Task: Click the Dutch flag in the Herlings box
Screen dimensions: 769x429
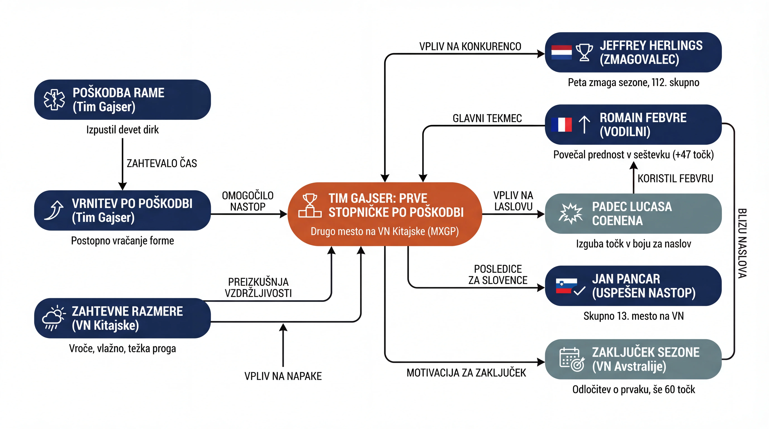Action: [x=561, y=53]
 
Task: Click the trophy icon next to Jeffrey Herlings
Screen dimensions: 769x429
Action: [x=584, y=53]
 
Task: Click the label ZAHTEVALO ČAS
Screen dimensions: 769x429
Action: [x=162, y=164]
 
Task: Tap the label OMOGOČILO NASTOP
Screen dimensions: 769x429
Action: [x=248, y=201]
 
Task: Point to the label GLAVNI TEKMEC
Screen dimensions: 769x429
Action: [x=487, y=118]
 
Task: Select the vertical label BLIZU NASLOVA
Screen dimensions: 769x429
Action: [x=742, y=243]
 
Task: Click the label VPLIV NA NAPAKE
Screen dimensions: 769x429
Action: [x=283, y=376]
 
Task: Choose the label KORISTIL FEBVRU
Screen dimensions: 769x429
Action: [x=675, y=178]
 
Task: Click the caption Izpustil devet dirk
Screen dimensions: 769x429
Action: [x=122, y=130]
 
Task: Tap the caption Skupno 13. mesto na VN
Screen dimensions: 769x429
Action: [x=633, y=316]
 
